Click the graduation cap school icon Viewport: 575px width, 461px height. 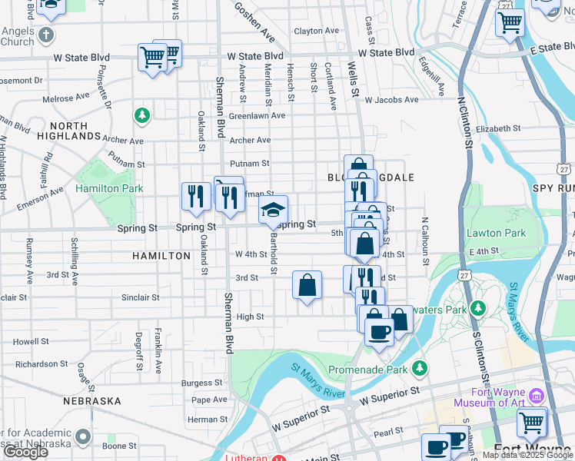tap(273, 209)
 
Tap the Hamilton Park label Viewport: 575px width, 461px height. tap(109, 188)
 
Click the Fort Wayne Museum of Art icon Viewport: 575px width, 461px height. tap(537, 396)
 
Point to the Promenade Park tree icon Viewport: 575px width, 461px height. tap(420, 369)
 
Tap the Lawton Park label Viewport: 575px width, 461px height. tap(496, 233)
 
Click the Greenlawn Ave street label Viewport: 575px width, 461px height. tap(257, 116)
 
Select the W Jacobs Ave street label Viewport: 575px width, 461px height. tap(392, 100)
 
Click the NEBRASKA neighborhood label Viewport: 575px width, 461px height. tap(92, 401)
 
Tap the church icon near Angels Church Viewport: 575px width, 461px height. tap(46, 35)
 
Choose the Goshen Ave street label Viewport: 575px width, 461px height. tap(254, 21)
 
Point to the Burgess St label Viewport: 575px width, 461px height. tap(202, 383)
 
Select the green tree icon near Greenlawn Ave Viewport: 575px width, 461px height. tap(141, 116)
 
